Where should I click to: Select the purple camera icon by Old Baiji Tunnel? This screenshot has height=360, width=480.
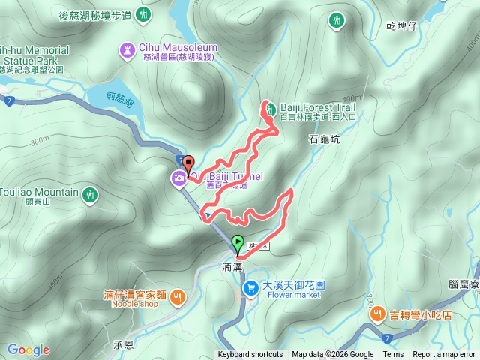pyautogui.click(x=179, y=178)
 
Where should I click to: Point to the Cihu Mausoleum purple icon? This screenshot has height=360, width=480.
pyautogui.click(x=127, y=50)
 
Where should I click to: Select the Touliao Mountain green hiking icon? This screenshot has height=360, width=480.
pyautogui.click(x=90, y=194)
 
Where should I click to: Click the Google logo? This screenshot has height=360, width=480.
pyautogui.click(x=28, y=349)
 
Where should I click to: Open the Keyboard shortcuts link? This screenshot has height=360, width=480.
pyautogui.click(x=250, y=355)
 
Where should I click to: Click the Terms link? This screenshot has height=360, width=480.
pyautogui.click(x=393, y=355)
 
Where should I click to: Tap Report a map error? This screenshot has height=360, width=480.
pyautogui.click(x=445, y=355)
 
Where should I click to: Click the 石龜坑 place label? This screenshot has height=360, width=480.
pyautogui.click(x=324, y=139)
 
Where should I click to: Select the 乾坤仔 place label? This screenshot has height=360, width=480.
pyautogui.click(x=400, y=25)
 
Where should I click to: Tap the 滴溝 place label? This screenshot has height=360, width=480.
pyautogui.click(x=232, y=266)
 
